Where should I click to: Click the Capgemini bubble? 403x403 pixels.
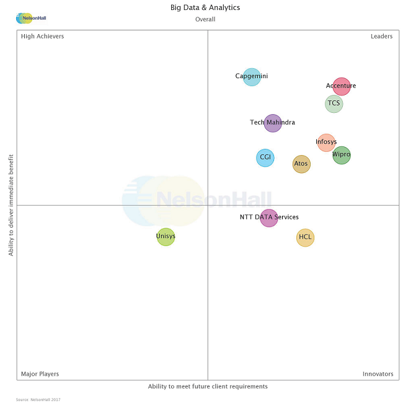tap(251, 77)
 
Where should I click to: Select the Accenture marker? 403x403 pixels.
tap(342, 86)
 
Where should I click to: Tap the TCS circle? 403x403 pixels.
tap(334, 104)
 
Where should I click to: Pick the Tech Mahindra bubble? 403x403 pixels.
tap(273, 123)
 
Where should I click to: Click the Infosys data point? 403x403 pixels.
tap(326, 143)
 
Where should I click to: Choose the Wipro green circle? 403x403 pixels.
tap(342, 155)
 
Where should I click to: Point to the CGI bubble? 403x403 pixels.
tap(265, 157)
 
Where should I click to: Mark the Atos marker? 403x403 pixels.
tap(301, 164)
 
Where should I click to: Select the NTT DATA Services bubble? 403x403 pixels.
tap(269, 218)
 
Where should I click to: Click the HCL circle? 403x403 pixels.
tap(305, 237)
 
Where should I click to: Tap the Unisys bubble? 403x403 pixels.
tap(166, 237)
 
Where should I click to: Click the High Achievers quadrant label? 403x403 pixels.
tap(42, 37)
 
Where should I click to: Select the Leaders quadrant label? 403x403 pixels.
tap(381, 37)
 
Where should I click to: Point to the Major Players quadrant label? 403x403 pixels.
tap(40, 374)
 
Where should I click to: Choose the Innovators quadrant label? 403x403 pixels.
tap(378, 374)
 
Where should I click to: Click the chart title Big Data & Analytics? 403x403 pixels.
tap(205, 8)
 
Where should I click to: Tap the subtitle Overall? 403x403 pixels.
tap(205, 19)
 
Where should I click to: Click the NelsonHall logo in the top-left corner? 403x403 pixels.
tap(32, 18)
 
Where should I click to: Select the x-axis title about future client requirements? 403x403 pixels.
tap(208, 387)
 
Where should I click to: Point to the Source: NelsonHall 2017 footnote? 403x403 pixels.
tap(38, 399)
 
